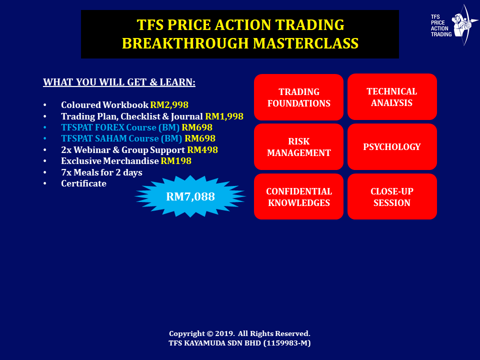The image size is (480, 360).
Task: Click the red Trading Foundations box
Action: [x=299, y=97]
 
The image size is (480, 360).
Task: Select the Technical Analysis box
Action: [x=392, y=96]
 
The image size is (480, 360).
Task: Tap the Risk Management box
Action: [x=299, y=147]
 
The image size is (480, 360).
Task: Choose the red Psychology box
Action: [x=392, y=147]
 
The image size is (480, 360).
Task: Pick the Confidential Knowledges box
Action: [x=299, y=196]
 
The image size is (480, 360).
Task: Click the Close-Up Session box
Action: [x=392, y=196]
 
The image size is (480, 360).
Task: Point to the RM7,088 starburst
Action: [x=190, y=196]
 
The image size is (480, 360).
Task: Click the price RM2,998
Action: [x=169, y=105]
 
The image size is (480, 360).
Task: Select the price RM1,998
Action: [x=224, y=116]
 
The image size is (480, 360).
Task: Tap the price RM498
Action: [x=202, y=149]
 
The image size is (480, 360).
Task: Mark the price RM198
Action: [x=176, y=161]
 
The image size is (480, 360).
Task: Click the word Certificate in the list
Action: [x=84, y=183]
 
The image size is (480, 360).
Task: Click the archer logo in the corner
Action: [x=464, y=25]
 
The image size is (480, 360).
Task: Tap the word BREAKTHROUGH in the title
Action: [x=185, y=43]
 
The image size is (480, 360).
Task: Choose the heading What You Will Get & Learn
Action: [x=119, y=82]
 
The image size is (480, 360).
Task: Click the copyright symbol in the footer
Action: [x=209, y=333]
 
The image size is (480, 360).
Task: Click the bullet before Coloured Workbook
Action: [x=45, y=105]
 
